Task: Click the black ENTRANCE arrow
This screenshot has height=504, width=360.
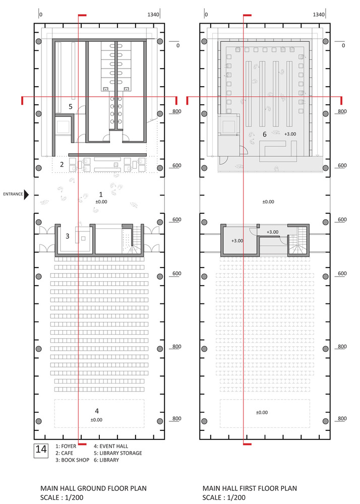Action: pos(26,195)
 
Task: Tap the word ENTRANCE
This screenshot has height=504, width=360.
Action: pos(13,194)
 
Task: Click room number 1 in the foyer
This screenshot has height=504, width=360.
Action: pos(101,195)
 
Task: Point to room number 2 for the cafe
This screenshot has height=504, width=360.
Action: pos(62,165)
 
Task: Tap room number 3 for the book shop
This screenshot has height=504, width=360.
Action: pos(68,236)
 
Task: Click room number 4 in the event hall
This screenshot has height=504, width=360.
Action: pos(97,411)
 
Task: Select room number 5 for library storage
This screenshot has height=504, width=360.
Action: pos(71,107)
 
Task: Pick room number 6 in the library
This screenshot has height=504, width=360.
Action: pos(265,135)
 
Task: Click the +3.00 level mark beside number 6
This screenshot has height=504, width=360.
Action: pos(290,134)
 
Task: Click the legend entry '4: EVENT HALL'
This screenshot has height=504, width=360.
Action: pos(111,446)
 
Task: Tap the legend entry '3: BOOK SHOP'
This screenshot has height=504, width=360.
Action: pos(72,460)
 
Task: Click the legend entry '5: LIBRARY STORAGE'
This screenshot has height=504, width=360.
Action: pos(118,453)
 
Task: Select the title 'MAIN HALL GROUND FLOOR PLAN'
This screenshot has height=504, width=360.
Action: pos(94,488)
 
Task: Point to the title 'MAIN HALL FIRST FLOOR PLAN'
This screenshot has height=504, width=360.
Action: pos(250,488)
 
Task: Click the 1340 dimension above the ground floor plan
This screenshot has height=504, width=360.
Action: pos(153,15)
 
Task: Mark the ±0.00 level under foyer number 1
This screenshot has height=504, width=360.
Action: pos(101,202)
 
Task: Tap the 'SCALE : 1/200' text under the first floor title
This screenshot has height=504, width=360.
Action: pos(224,498)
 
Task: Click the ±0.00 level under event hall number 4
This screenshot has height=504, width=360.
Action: pos(96,420)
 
